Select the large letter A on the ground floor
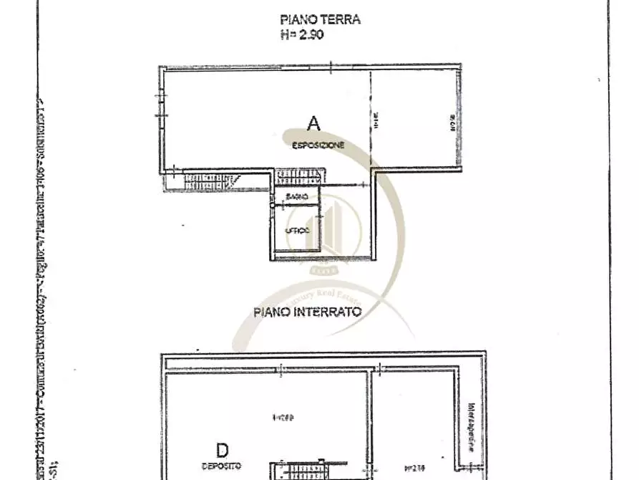tap(313, 124)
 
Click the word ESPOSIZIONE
tap(318, 145)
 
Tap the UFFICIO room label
tap(298, 231)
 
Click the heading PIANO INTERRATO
tap(307, 312)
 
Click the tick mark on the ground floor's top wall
tap(331, 67)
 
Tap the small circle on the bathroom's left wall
tap(273, 205)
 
